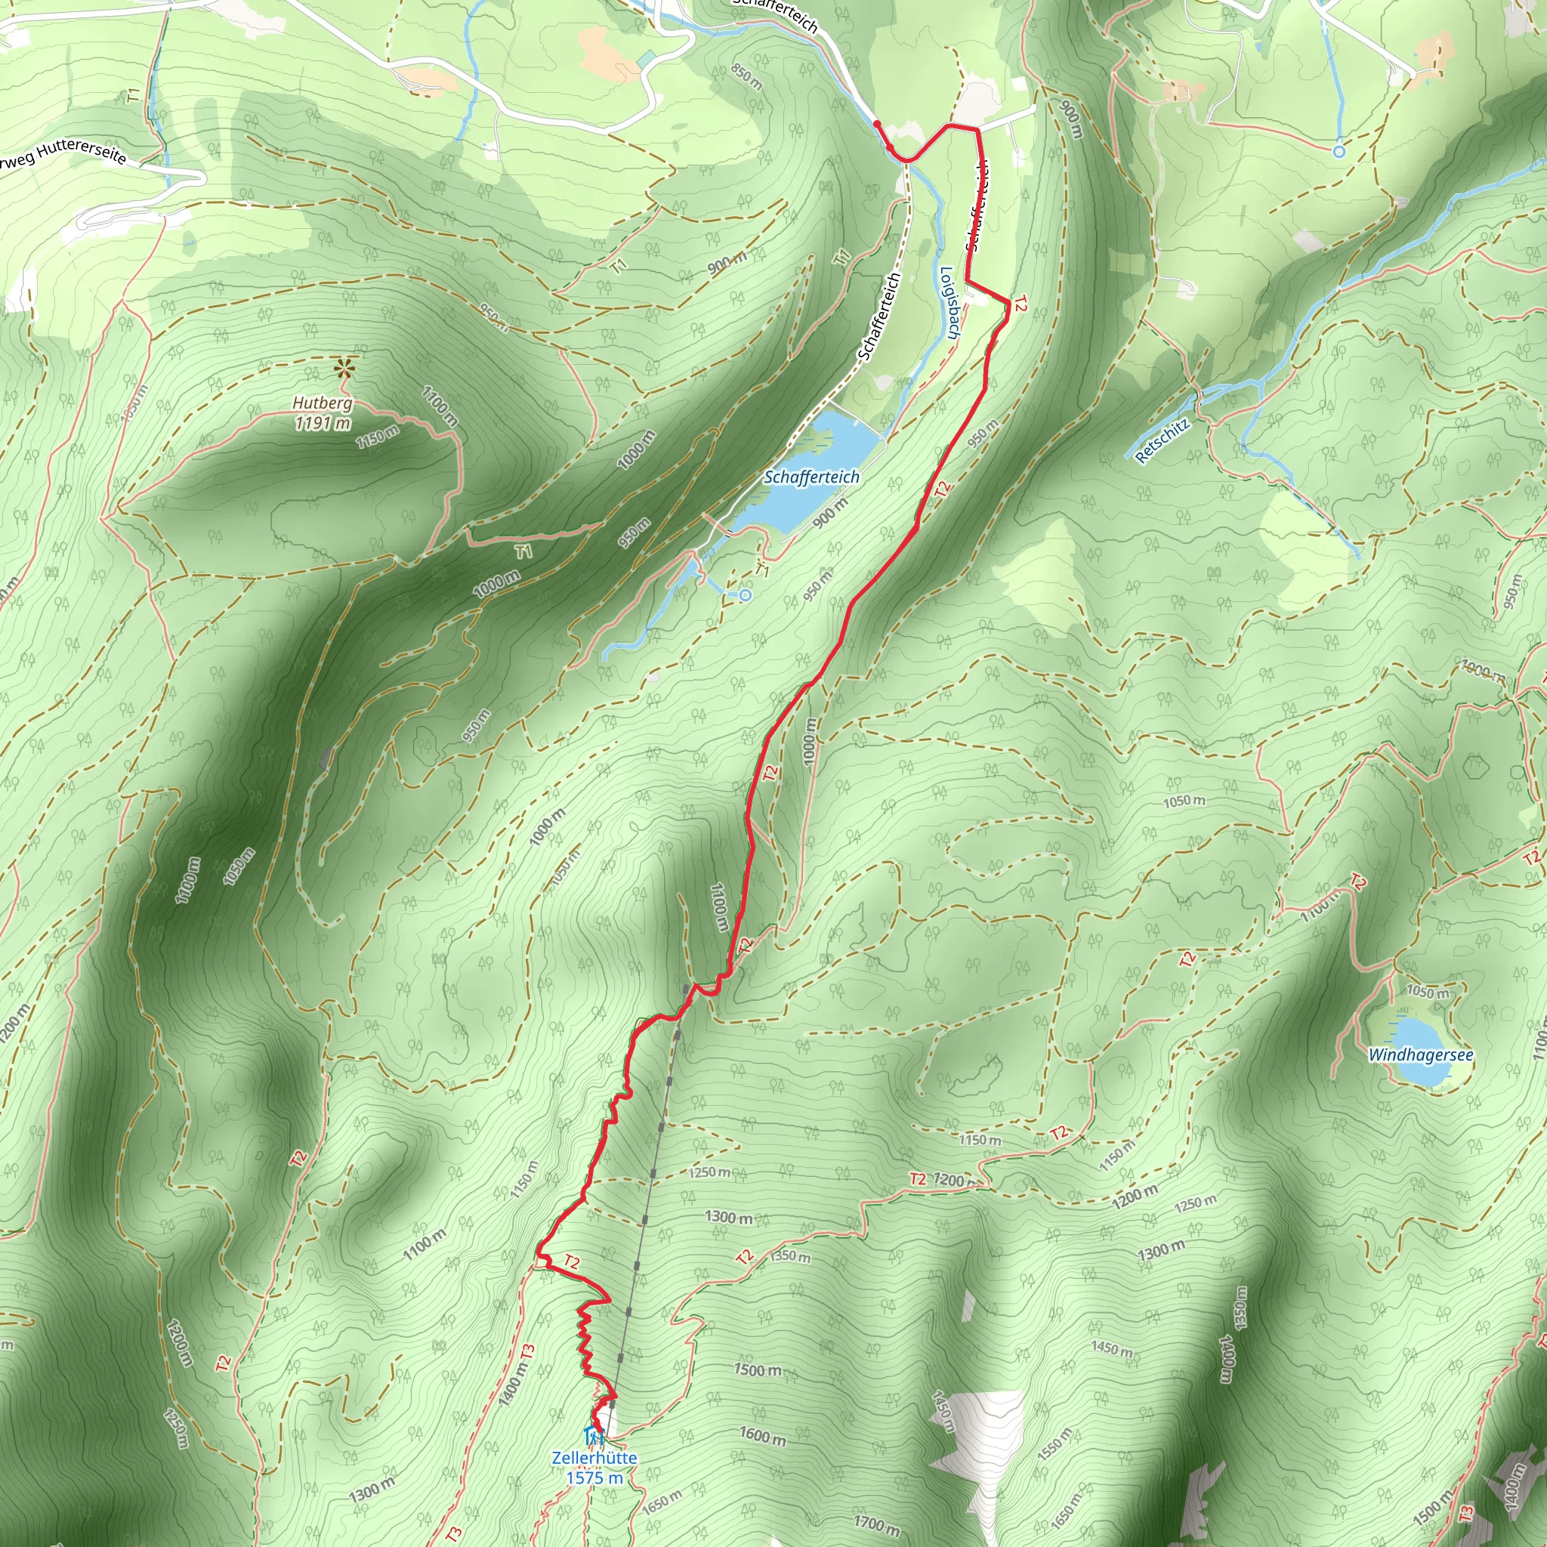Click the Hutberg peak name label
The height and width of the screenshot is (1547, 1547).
pos(322,403)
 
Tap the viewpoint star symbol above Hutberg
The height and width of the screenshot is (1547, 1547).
pos(345,369)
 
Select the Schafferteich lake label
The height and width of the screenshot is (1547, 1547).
pos(811,477)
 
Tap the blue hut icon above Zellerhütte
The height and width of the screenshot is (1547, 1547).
pos(592,1435)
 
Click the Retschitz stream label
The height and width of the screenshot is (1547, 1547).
pos(1162,440)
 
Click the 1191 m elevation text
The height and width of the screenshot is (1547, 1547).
pos(322,423)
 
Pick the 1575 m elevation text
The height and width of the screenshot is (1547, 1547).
pos(594,1478)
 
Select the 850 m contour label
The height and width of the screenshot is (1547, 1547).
pos(746,77)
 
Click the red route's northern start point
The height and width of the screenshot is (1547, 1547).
pos(876,123)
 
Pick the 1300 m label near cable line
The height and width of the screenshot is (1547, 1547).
pos(728,1217)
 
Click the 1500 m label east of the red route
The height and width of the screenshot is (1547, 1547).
pos(757,1369)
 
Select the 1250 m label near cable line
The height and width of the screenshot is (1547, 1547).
pos(709,1172)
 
